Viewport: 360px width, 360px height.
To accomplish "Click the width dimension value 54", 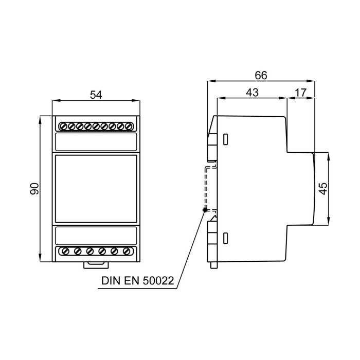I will point(96,94).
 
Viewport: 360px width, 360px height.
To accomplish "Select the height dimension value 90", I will point(34,189).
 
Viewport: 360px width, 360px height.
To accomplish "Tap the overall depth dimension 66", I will point(261,75).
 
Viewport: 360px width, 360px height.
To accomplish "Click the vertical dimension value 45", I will point(323,188).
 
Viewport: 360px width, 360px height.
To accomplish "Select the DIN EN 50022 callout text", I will point(138,282).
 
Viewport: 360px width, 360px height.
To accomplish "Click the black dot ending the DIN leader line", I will point(205,209).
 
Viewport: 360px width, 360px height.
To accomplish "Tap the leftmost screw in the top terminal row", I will point(63,125).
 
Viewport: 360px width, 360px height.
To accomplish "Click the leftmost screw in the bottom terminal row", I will point(65,251).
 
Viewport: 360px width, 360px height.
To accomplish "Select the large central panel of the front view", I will point(96,188).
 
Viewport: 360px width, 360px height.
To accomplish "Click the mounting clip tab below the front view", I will point(96,265).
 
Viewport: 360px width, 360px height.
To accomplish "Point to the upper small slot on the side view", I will point(225,139).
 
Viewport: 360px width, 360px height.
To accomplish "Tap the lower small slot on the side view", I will point(225,238).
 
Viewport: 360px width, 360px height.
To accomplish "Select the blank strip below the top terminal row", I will point(96,141).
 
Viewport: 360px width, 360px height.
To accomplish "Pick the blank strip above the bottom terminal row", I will point(96,235).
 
